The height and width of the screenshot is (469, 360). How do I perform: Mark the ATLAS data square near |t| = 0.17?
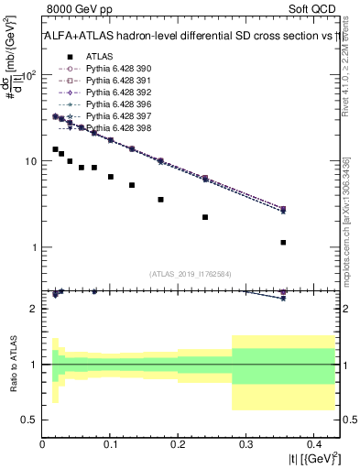point(160,199)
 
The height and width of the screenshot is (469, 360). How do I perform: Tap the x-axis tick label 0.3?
point(245,444)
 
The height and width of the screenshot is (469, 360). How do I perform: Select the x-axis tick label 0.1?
point(111,444)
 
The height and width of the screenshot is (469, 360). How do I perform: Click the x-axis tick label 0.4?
point(312,444)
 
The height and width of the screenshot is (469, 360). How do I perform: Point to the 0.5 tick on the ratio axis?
point(31,420)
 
